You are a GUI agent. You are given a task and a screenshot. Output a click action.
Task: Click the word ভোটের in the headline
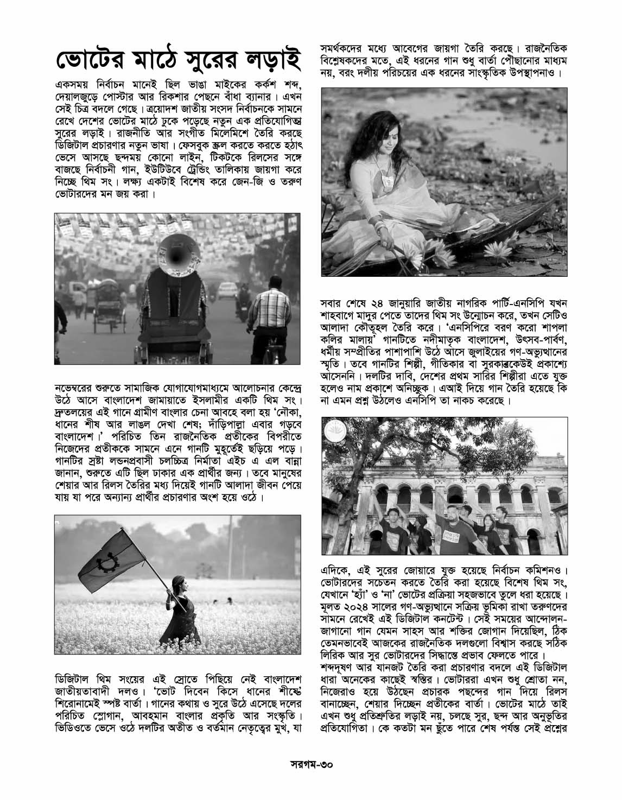click(90, 61)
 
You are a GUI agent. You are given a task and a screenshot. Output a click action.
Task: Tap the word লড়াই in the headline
click(269, 61)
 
